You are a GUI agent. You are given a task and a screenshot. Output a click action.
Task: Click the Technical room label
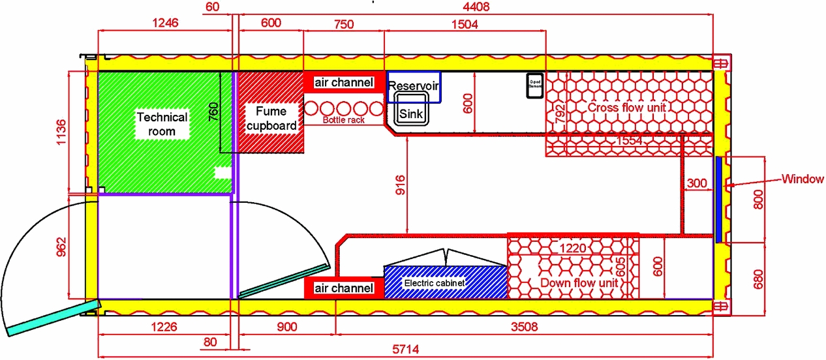[161, 124]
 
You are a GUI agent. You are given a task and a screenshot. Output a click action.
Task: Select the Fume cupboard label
[271, 118]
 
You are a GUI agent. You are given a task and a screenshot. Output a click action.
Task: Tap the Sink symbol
[411, 114]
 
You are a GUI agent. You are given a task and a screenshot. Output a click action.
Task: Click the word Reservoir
[414, 86]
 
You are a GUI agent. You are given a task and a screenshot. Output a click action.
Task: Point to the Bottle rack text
[344, 121]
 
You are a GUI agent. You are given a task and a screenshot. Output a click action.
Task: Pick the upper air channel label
[344, 83]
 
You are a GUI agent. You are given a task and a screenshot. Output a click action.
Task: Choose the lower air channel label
[344, 288]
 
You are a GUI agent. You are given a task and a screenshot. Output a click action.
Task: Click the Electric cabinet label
[434, 283]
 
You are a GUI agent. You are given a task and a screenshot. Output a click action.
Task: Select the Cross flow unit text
[626, 107]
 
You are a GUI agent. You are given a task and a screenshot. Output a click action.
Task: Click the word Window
[803, 179]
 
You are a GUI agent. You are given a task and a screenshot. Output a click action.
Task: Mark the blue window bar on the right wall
[718, 199]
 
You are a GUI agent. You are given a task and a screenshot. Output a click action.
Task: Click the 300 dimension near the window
[697, 185]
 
